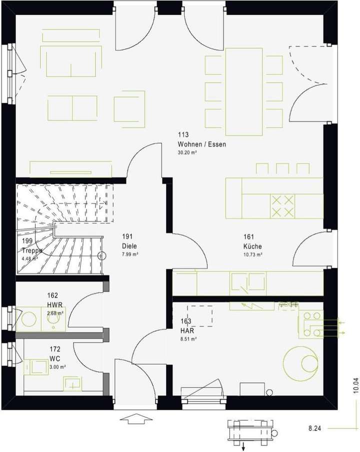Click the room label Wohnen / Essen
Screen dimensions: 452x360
coord(202,145)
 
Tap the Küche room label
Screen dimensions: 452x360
coord(252,247)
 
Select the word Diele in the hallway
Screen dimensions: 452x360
coord(129,246)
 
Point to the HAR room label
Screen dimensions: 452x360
coord(188,331)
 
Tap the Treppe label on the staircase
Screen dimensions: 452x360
coord(31,251)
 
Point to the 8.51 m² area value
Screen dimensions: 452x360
coord(188,339)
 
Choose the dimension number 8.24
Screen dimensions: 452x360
coord(314,428)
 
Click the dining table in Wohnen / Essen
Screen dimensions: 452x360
coord(244,91)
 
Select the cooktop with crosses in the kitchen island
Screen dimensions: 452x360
coord(282,206)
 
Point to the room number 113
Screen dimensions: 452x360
coord(183,135)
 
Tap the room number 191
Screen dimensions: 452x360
coord(127,237)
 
